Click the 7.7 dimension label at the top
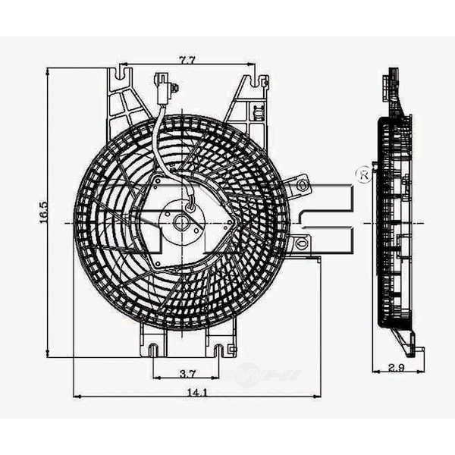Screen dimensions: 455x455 [187, 60]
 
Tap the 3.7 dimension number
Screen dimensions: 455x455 [188, 372]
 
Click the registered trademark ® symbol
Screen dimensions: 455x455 [363, 175]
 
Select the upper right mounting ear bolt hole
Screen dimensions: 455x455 [302, 184]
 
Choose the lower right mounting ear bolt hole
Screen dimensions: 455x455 [301, 243]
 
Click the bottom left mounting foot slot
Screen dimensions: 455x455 [153, 350]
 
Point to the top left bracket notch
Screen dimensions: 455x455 [120, 74]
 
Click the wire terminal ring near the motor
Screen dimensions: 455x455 [191, 203]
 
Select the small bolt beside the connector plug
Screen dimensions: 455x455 [174, 89]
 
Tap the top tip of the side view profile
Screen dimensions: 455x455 [393, 72]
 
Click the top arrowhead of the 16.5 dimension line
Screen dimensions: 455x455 [49, 71]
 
